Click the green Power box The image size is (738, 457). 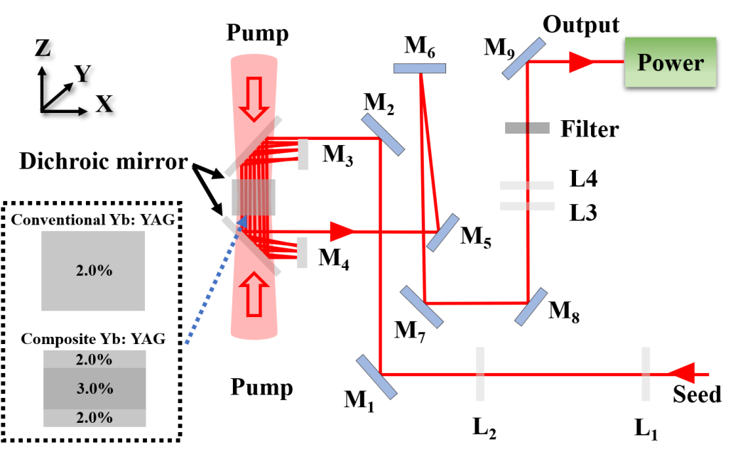[671, 63]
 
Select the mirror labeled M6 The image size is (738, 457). [419, 68]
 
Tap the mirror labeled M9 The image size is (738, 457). [523, 59]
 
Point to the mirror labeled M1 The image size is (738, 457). [376, 377]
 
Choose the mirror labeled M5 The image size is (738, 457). [443, 232]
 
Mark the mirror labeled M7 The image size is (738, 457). [422, 307]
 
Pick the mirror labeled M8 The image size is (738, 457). [531, 307]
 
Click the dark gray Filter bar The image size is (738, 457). [527, 128]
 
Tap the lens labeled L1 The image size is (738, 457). [646, 374]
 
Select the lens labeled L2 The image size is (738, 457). [480, 374]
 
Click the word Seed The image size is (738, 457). [697, 394]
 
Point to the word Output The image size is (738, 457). [581, 24]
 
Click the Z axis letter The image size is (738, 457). [43, 48]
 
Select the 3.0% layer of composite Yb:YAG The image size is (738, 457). [94, 388]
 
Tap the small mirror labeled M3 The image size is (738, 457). [303, 154]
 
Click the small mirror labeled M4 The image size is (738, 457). [302, 252]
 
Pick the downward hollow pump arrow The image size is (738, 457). [254, 100]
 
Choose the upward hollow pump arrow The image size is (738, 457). [254, 294]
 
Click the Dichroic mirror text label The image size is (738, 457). [104, 161]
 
